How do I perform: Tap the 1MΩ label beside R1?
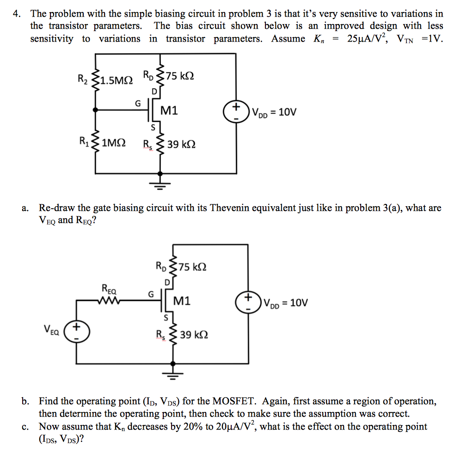113,143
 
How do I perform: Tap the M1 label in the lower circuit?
182,301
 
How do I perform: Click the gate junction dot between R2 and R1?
96,110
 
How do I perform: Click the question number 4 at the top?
16,13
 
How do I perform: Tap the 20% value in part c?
201,426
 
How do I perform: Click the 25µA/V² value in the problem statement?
369,39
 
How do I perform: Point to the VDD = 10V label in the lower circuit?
286,303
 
